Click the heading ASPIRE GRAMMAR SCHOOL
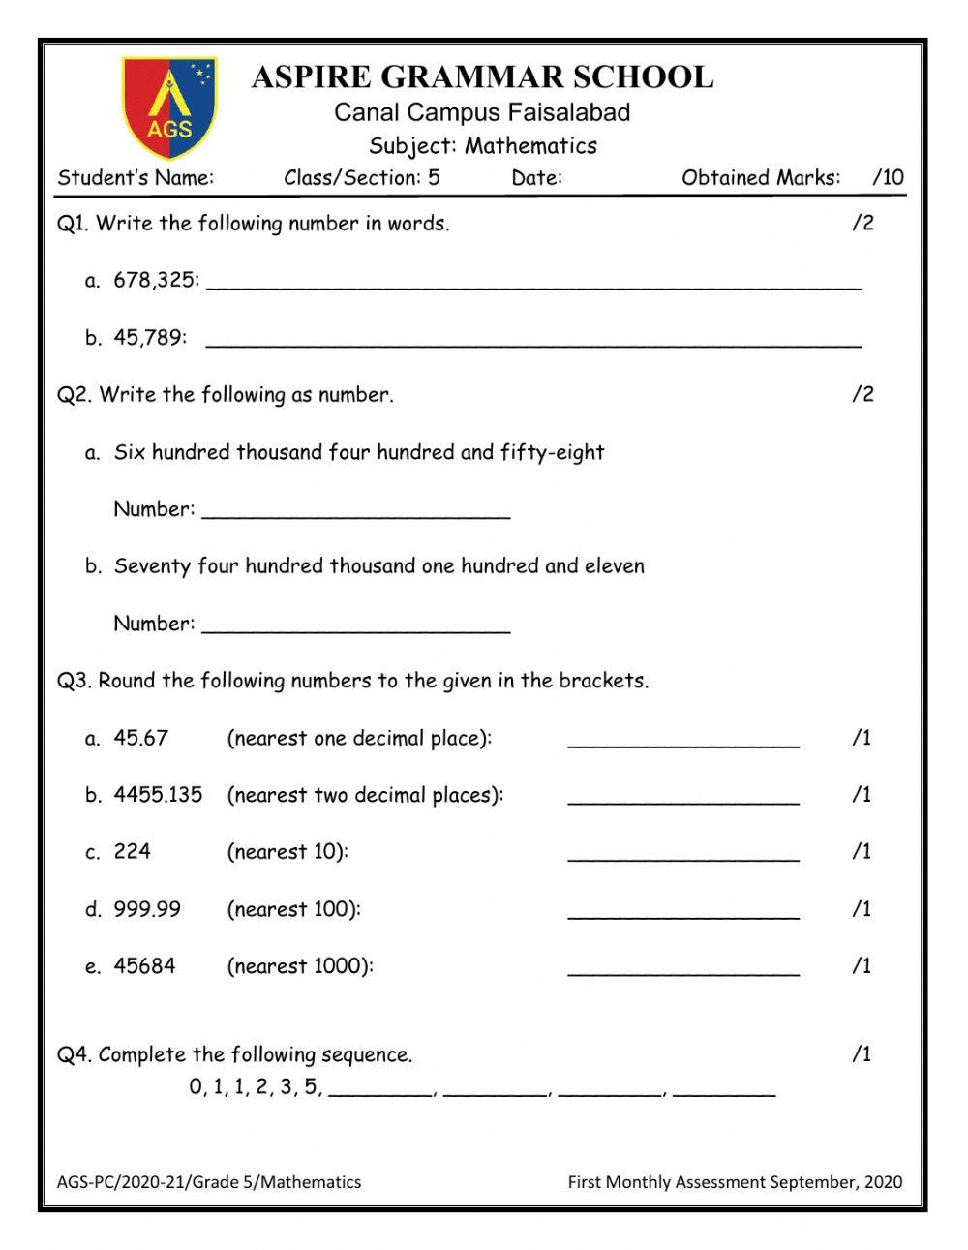tap(482, 76)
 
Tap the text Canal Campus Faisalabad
tap(482, 112)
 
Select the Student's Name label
tap(136, 177)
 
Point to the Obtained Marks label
tap(761, 177)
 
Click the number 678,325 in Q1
tap(156, 281)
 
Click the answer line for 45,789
tap(533, 341)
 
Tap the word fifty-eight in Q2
tap(552, 452)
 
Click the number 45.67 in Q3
tap(140, 738)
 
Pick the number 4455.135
tap(158, 795)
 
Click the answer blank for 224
tap(683, 856)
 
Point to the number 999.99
tap(147, 909)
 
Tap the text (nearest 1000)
tap(299, 966)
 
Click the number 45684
tap(144, 966)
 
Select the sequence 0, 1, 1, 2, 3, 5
tap(255, 1087)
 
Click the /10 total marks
tap(888, 177)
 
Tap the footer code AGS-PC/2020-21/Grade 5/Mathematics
tap(209, 1182)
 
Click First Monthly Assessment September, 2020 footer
tap(735, 1182)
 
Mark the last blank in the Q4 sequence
tap(724, 1091)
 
